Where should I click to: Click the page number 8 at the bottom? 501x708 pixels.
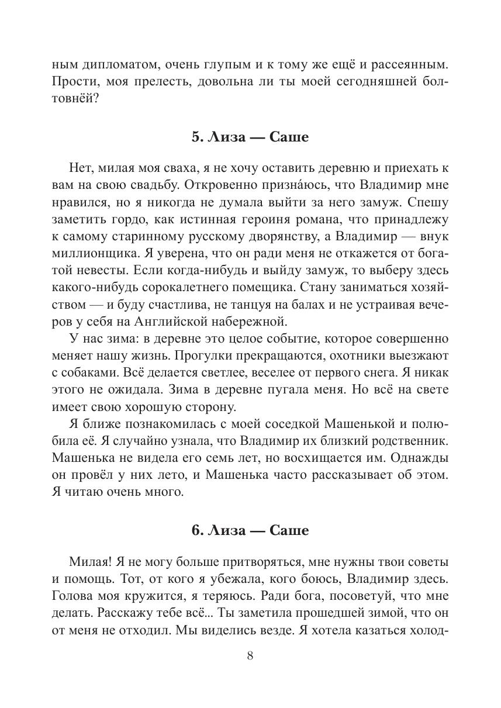(250, 655)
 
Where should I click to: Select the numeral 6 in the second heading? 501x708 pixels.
(195, 531)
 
